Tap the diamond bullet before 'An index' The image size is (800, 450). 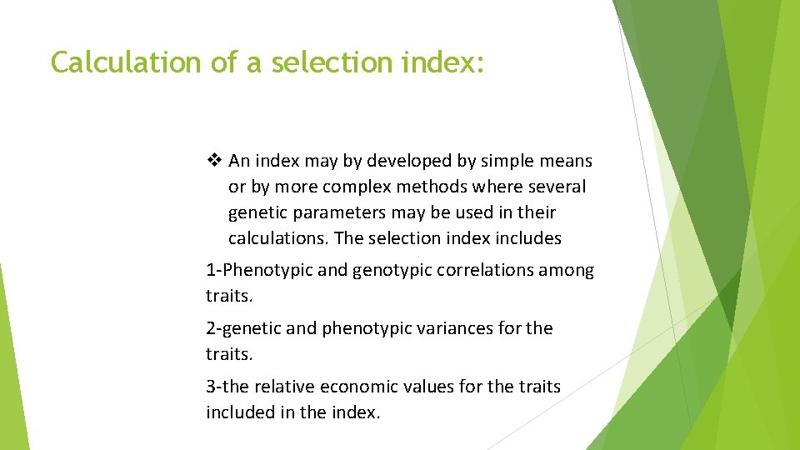click(x=215, y=160)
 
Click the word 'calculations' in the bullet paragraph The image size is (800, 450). click(x=277, y=238)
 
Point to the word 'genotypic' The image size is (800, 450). click(x=382, y=270)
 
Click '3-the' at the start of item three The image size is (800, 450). click(x=226, y=387)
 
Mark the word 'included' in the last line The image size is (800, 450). click(x=240, y=412)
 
